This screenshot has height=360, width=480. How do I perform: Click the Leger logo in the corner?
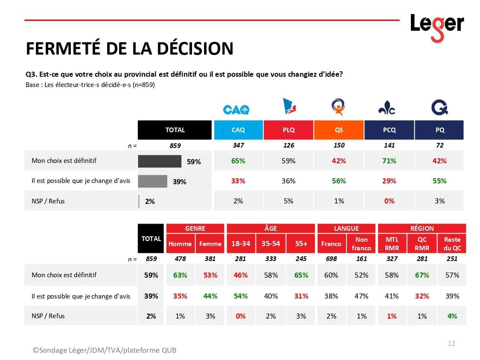(x=436, y=26)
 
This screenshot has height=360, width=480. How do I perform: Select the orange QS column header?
(x=339, y=130)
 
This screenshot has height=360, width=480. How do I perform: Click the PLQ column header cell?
(x=288, y=130)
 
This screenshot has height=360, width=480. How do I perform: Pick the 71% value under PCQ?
(x=389, y=161)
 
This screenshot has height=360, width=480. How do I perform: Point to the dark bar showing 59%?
(x=160, y=161)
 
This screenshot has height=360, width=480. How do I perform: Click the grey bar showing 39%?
(x=152, y=181)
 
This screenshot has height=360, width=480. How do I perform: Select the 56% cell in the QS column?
(x=339, y=181)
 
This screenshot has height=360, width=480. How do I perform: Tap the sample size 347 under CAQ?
(x=238, y=145)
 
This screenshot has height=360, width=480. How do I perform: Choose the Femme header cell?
(x=210, y=244)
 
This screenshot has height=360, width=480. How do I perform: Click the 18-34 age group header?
(x=241, y=244)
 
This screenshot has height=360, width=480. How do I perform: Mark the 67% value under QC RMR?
(x=422, y=275)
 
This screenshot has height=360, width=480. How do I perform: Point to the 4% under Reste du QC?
(x=452, y=316)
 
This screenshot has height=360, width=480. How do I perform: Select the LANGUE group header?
(x=346, y=228)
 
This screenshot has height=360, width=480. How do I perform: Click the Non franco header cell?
(x=361, y=244)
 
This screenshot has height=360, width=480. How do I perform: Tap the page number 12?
(x=451, y=343)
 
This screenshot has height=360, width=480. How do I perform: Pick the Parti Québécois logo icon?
(x=439, y=107)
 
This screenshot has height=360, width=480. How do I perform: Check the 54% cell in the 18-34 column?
(x=241, y=296)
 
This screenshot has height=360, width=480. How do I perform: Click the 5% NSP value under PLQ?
(x=288, y=201)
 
